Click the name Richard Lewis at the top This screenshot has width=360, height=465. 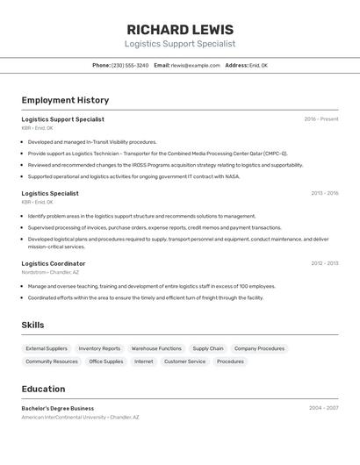tap(180, 30)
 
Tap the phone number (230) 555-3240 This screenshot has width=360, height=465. tap(130, 66)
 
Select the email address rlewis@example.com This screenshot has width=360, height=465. tap(196, 66)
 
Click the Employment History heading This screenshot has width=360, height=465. tap(65, 100)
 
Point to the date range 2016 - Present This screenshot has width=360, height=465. tap(321, 119)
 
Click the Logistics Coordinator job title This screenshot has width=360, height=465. tap(54, 263)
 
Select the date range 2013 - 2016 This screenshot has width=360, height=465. tap(324, 193)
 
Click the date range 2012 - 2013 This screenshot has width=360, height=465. tap(324, 263)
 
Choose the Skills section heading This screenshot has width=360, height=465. tap(33, 325)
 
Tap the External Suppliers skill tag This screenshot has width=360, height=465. tap(47, 348)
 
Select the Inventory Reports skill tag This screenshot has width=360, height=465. tap(99, 348)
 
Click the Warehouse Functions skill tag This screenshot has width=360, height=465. tap(156, 348)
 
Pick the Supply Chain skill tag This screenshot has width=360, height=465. tap(208, 348)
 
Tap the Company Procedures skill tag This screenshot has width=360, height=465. tap(259, 348)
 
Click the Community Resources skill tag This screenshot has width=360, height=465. tap(52, 361)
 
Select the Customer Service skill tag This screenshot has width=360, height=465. tap(184, 361)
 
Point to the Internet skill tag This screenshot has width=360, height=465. tap(144, 361)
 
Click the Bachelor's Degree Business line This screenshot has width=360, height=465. tap(58, 408)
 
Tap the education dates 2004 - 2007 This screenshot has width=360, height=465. tap(323, 408)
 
